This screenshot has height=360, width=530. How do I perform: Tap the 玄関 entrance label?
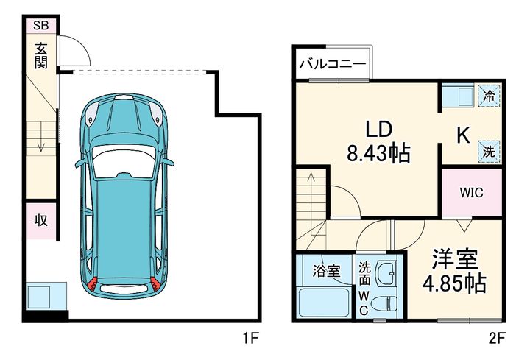click(40, 56)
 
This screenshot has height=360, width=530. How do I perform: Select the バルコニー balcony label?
click(332, 65)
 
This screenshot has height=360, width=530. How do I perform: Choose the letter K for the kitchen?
click(462, 135)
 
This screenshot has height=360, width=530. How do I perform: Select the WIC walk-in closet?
click(471, 193)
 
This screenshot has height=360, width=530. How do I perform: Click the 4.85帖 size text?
click(454, 283)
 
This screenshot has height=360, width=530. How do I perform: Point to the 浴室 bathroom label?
click(326, 270)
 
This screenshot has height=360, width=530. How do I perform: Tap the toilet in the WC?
click(384, 302)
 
